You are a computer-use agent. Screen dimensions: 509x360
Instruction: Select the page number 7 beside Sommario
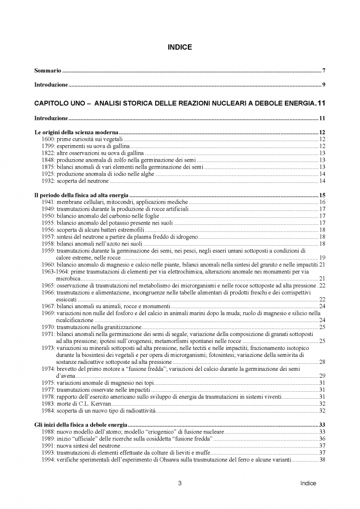point(323,71)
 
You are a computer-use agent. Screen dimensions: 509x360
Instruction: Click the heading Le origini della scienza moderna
point(76,133)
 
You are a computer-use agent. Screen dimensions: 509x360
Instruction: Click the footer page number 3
point(180,483)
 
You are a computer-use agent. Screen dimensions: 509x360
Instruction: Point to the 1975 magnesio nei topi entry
point(99,382)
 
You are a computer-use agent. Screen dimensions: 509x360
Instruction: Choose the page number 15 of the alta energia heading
point(322,195)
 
